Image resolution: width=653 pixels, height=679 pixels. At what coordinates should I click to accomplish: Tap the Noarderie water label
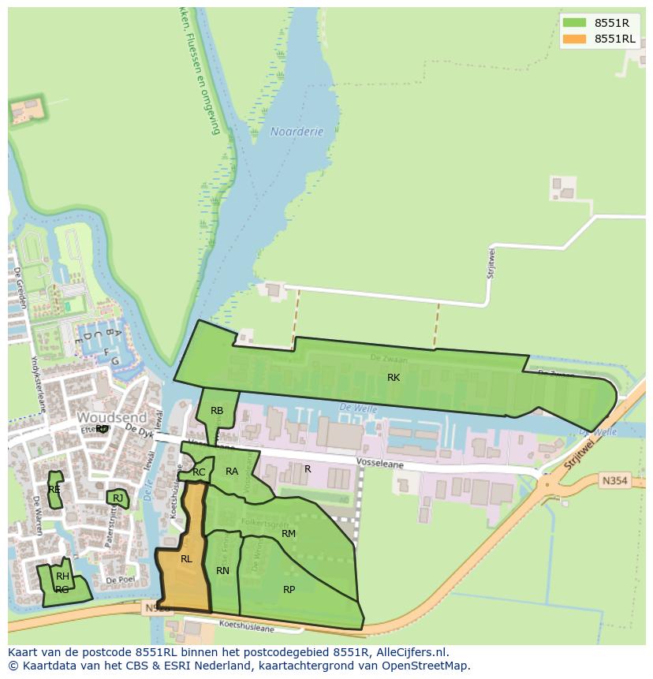[297, 132]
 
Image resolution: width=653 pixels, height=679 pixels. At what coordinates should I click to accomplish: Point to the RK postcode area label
[394, 378]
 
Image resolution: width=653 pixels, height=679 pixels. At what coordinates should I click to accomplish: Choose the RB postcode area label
[217, 411]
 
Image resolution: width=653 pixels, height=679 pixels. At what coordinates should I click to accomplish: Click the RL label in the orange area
[186, 559]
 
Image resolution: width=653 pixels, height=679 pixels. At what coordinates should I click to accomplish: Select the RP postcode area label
[289, 589]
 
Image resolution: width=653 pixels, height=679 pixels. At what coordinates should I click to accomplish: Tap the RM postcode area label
[289, 534]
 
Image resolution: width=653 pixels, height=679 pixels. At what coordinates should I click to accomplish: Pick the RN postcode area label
[222, 571]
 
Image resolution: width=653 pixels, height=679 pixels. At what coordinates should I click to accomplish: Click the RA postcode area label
[232, 472]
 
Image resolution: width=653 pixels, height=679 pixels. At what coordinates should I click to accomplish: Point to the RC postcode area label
[199, 472]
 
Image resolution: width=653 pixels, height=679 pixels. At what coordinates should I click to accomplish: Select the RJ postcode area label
[118, 498]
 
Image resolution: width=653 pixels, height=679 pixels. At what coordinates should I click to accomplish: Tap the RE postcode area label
[54, 489]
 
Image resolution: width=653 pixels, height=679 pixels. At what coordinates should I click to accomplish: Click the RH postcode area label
[62, 576]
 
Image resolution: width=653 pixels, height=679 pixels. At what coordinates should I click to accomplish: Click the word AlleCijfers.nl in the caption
[409, 653]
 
